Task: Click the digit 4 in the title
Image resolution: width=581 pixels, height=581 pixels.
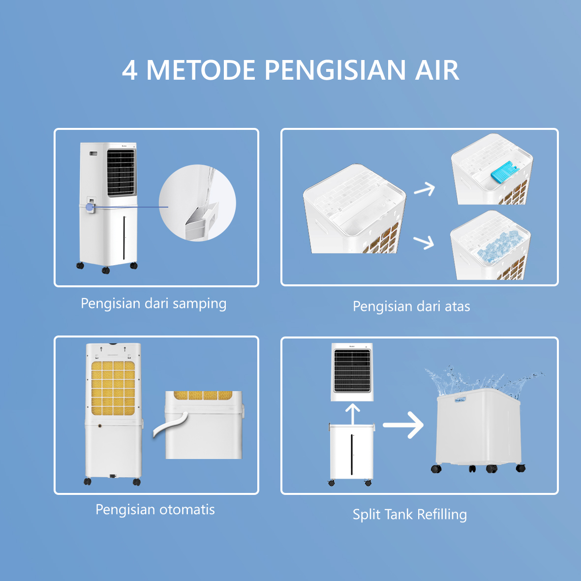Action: click(129, 70)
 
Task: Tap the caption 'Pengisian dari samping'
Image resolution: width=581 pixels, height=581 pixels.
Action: click(153, 304)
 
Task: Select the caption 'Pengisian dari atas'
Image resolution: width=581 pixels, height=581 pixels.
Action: click(411, 306)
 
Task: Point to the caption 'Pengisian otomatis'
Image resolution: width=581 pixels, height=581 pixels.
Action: click(155, 509)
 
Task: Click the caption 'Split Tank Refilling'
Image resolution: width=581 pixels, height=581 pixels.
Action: click(409, 515)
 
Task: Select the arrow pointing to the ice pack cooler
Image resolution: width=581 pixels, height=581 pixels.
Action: click(425, 188)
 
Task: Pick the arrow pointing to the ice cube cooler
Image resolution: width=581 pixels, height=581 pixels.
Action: click(424, 242)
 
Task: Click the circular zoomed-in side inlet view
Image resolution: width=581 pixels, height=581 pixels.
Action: click(198, 203)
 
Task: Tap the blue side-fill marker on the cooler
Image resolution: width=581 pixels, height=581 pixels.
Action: click(90, 207)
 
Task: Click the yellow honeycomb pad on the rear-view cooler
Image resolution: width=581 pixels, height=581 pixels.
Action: click(113, 388)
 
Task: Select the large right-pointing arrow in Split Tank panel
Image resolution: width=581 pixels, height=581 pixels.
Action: click(403, 425)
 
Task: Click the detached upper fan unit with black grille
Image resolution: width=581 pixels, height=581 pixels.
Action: click(352, 371)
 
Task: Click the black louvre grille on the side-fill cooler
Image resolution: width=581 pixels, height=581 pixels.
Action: click(121, 172)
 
